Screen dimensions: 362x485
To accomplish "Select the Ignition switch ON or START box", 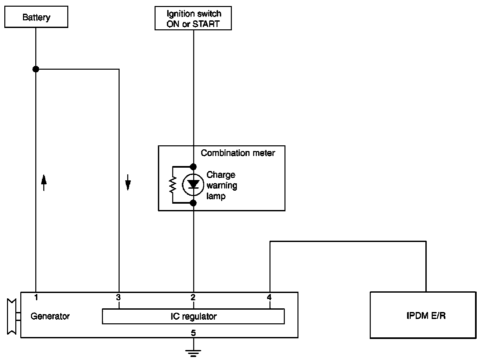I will pyautogui.click(x=193, y=19).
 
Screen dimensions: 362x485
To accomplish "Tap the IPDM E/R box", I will pyautogui.click(x=423, y=315).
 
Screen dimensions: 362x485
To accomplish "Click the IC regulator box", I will pyautogui.click(x=193, y=316).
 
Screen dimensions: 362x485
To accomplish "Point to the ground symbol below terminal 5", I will pyautogui.click(x=193, y=352).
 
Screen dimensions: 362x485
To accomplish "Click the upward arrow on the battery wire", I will pyautogui.click(x=44, y=182).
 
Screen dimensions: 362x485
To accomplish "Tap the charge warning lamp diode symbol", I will pyautogui.click(x=193, y=184).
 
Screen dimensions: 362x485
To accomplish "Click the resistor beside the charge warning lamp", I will pyautogui.click(x=173, y=184).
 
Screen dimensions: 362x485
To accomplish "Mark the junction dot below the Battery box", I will pyautogui.click(x=36, y=69).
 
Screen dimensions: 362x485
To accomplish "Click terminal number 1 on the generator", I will pyautogui.click(x=36, y=297).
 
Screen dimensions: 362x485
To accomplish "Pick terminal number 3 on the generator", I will pyautogui.click(x=119, y=297).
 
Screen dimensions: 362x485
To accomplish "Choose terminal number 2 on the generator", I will pyautogui.click(x=193, y=297).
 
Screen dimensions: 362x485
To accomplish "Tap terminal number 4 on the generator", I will pyautogui.click(x=269, y=297).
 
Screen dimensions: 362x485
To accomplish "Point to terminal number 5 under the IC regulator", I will pyautogui.click(x=193, y=333).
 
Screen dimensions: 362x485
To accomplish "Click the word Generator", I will pyautogui.click(x=50, y=316).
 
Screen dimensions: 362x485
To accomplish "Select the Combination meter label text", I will pyautogui.click(x=238, y=153).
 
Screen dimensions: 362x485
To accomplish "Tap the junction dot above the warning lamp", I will pyautogui.click(x=193, y=166).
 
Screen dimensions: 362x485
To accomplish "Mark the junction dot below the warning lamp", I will pyautogui.click(x=193, y=203).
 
